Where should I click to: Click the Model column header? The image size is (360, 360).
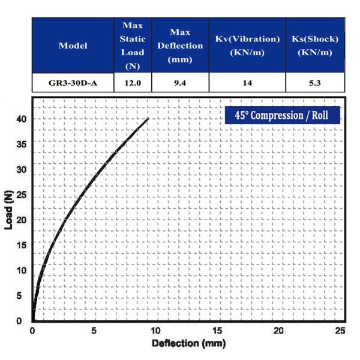click(73, 46)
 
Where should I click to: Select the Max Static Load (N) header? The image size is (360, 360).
click(132, 46)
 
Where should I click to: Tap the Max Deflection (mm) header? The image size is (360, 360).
click(180, 46)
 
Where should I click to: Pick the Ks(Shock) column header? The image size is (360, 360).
click(314, 46)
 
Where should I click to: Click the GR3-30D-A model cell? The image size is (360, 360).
click(73, 83)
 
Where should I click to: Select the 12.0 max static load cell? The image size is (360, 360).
click(132, 83)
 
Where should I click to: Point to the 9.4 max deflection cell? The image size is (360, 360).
click(180, 83)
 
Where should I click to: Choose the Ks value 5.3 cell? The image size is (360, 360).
click(314, 83)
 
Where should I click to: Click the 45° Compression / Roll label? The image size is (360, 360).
click(283, 115)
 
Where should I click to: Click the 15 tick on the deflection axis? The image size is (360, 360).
click(218, 331)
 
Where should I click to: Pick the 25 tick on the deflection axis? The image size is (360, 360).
click(340, 331)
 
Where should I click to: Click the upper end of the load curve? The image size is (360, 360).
click(148, 118)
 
